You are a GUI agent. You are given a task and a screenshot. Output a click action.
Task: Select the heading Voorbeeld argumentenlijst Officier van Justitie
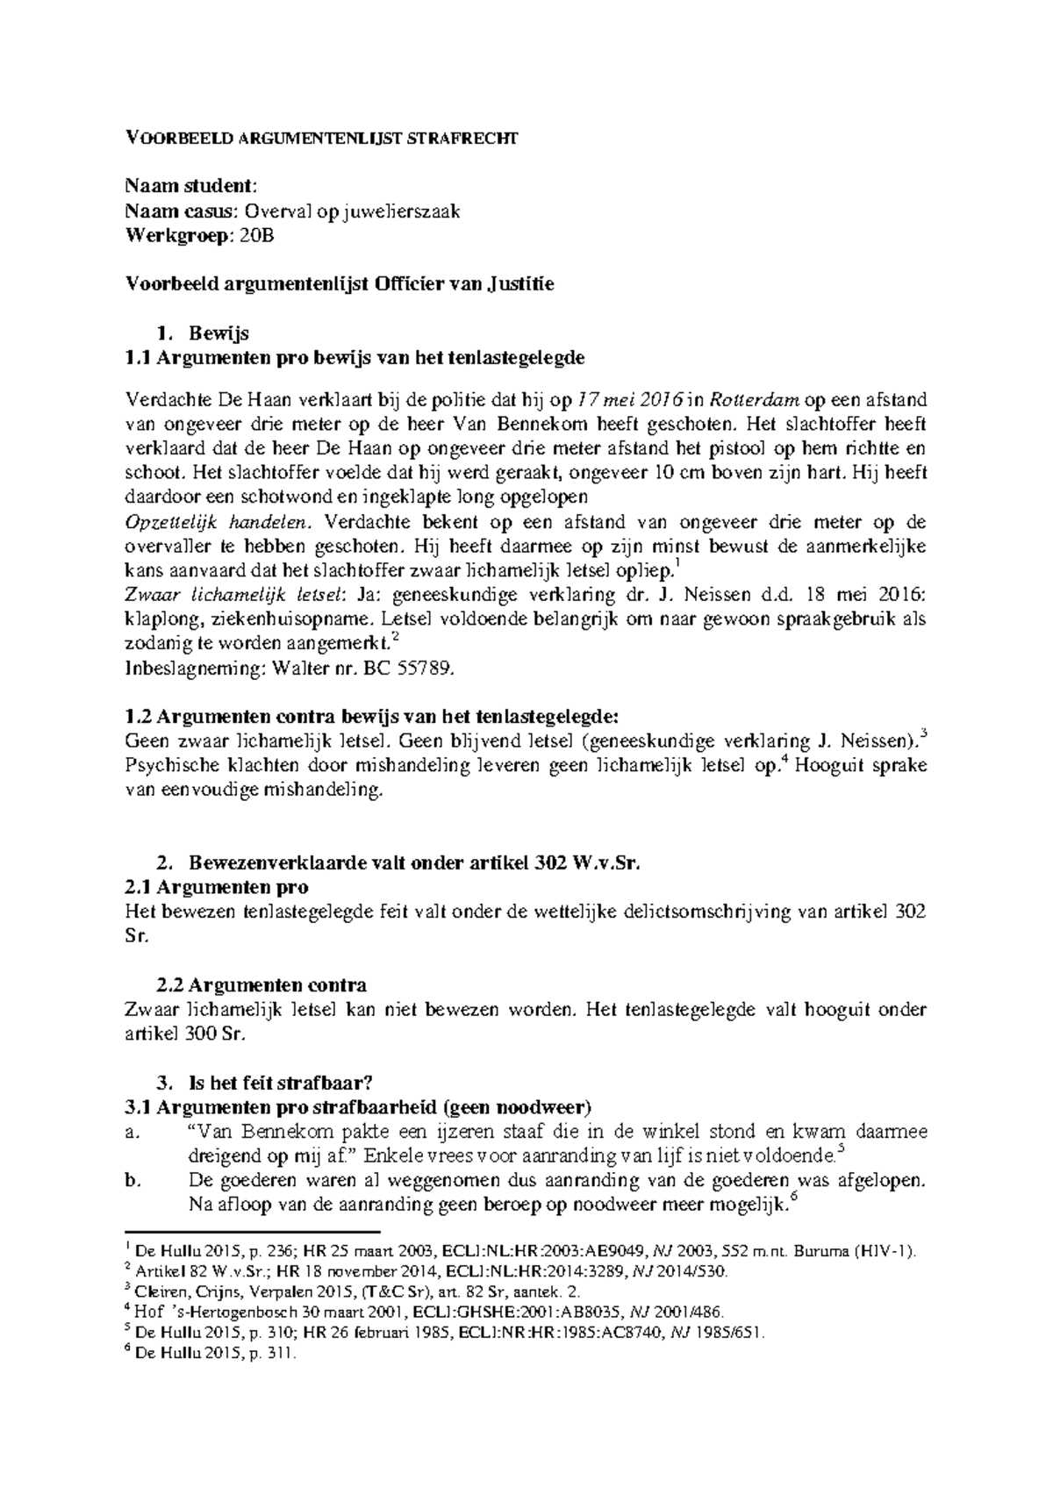(x=340, y=284)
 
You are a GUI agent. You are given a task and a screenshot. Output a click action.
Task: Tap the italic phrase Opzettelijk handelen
(x=219, y=522)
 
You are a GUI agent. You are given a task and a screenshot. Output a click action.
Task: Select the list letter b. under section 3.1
(x=133, y=1181)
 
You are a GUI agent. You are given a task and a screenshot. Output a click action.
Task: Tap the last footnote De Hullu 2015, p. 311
(x=216, y=1354)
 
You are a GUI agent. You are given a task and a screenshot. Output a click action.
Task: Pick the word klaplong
(x=157, y=619)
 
